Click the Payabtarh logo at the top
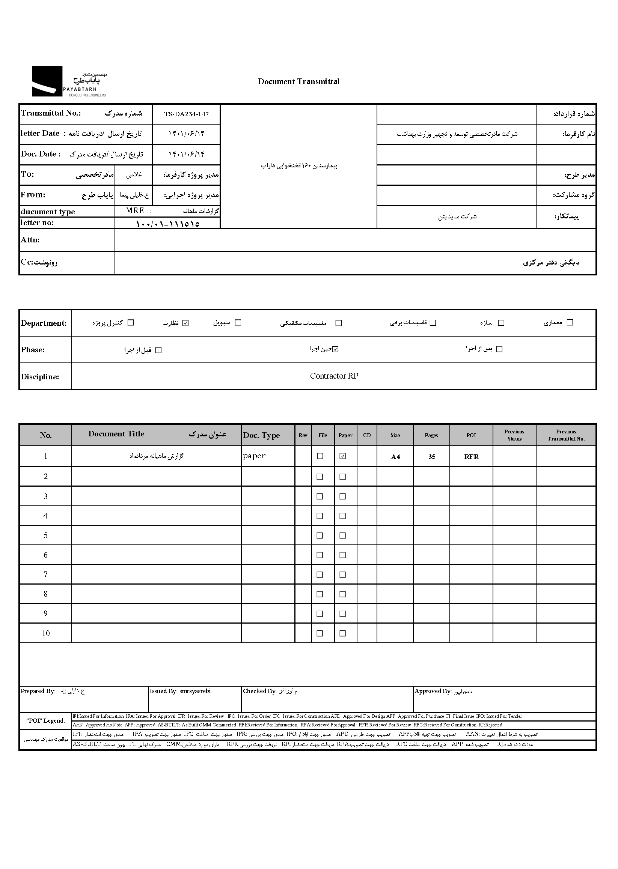(x=68, y=81)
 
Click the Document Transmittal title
(x=299, y=81)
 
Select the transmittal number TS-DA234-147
(x=186, y=114)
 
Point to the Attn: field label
(x=30, y=240)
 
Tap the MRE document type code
(x=135, y=211)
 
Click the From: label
(x=33, y=195)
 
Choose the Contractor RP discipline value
(x=334, y=376)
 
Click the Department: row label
(x=44, y=323)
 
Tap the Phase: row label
(x=33, y=350)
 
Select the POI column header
(x=471, y=436)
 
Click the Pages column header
(x=431, y=436)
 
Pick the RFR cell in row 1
(x=471, y=457)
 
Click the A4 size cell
(x=395, y=457)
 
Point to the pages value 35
(x=431, y=457)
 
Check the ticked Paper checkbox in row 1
(x=342, y=456)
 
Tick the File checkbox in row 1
(x=320, y=456)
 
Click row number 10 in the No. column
(x=46, y=633)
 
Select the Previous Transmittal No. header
(x=566, y=435)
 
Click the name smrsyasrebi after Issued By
(x=195, y=691)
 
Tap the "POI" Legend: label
(x=46, y=721)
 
